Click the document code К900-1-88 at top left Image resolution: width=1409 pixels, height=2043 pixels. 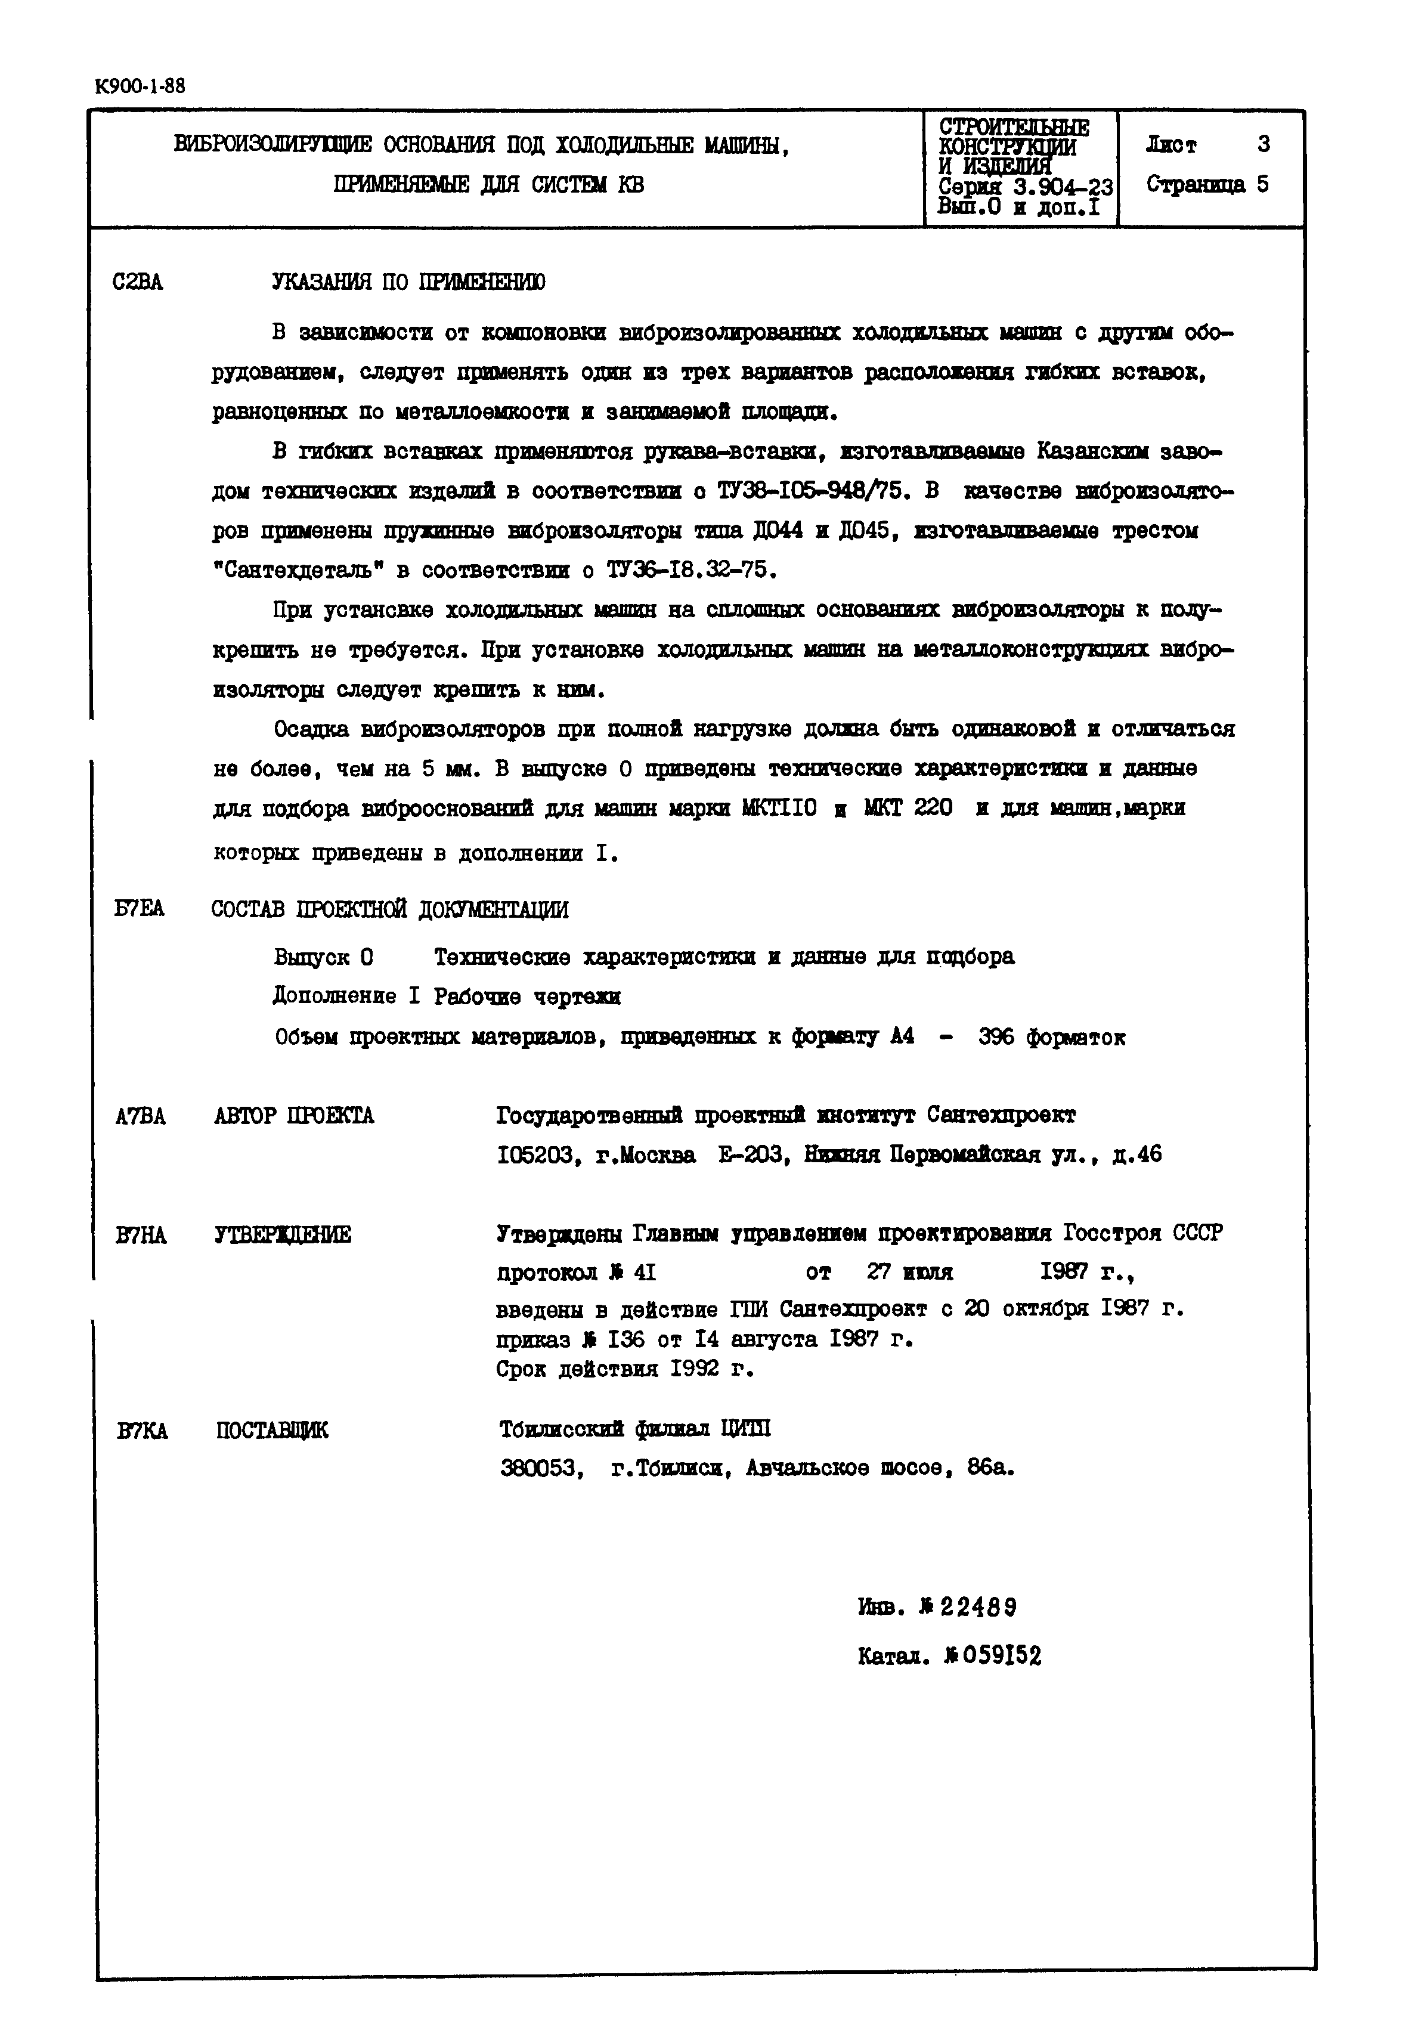click(140, 86)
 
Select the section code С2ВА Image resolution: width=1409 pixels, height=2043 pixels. click(138, 283)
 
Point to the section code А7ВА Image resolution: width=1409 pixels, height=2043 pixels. click(140, 1117)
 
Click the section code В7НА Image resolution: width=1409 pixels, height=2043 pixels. click(140, 1235)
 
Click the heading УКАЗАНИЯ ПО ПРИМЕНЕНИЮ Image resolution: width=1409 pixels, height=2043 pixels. click(409, 283)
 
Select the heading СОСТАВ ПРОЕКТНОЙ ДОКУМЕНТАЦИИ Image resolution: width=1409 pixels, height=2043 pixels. click(389, 909)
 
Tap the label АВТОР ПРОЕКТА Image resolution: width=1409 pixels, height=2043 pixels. click(294, 1117)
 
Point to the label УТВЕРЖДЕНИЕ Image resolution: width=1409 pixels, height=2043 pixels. click(283, 1235)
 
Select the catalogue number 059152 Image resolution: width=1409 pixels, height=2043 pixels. click(992, 1657)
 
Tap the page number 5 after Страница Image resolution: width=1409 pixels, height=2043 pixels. click(1264, 184)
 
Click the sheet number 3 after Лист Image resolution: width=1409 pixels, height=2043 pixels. click(1264, 144)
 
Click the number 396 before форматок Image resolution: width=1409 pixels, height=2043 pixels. click(997, 1038)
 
